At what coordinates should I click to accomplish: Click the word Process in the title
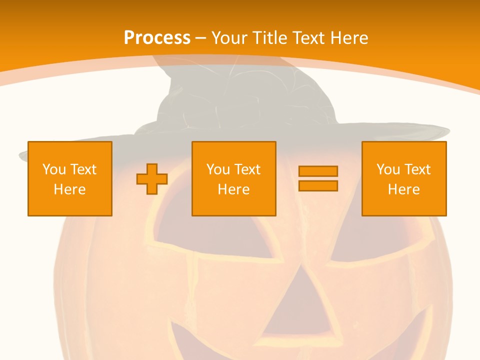[157, 38]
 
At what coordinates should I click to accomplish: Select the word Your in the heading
[229, 38]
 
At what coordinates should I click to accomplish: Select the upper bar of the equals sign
[318, 171]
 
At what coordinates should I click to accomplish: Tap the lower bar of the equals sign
[318, 185]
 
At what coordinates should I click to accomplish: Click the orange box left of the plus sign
[70, 178]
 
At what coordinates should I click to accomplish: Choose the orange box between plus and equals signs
[233, 178]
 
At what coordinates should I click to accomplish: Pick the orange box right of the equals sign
[404, 178]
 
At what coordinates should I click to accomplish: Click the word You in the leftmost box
[54, 169]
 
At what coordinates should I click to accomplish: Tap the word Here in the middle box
[233, 189]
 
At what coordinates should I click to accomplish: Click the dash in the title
[200, 38]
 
